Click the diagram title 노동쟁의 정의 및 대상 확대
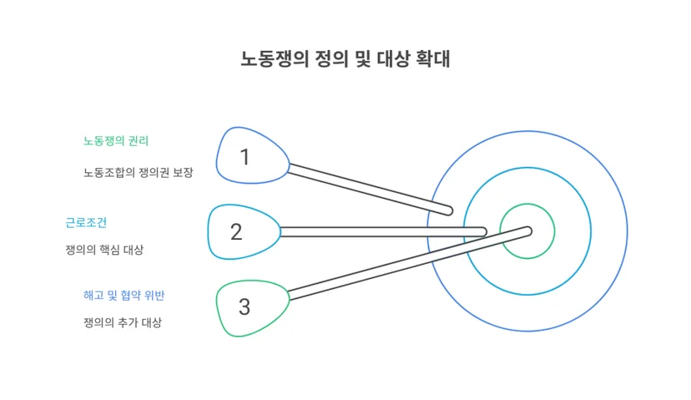click(345, 59)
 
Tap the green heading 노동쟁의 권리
click(116, 141)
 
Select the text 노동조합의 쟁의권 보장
click(139, 172)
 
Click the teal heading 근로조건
click(86, 222)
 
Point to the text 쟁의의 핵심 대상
click(104, 250)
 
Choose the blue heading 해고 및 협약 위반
click(124, 295)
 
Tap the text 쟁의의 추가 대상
click(123, 322)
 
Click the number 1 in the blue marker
click(245, 157)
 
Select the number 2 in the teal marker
click(236, 232)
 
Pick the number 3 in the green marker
click(245, 307)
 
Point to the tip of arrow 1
click(449, 210)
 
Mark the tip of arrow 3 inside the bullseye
click(528, 230)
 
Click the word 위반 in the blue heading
click(154, 295)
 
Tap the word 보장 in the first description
click(183, 172)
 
